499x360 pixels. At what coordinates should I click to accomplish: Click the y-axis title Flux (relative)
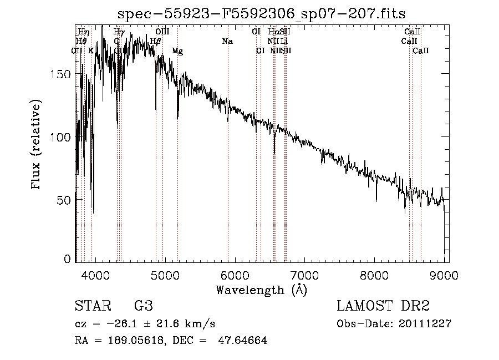click(x=37, y=145)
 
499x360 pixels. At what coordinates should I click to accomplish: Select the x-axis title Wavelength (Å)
click(x=261, y=289)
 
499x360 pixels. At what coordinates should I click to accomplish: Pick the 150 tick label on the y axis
click(x=62, y=74)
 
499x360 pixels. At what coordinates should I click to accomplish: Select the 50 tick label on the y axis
click(x=65, y=199)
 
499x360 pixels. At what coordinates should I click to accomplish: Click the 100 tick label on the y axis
click(x=62, y=137)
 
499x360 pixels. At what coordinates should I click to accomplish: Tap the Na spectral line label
click(x=227, y=42)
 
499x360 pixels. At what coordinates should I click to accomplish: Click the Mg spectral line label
click(x=177, y=51)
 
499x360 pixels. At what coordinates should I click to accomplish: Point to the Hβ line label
click(x=156, y=42)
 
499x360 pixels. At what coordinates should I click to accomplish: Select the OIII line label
click(x=162, y=32)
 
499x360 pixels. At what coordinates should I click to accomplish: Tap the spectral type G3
click(x=143, y=306)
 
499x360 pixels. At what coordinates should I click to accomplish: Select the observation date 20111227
click(x=424, y=324)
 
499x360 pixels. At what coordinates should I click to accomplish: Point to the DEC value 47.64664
click(x=243, y=341)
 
